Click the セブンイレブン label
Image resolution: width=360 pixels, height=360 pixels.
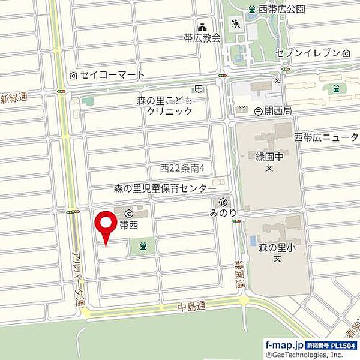(x=308, y=53)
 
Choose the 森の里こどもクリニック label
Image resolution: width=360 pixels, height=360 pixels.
(x=165, y=107)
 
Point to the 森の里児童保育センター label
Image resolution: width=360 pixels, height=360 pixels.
(x=164, y=188)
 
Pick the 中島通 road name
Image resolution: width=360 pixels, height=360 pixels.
(x=192, y=306)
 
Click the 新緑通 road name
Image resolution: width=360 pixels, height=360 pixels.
(x=13, y=98)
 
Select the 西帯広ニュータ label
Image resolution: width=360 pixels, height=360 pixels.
(x=326, y=138)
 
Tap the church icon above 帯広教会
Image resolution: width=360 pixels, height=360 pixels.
(x=202, y=26)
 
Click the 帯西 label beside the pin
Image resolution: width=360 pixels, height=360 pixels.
(x=128, y=225)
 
